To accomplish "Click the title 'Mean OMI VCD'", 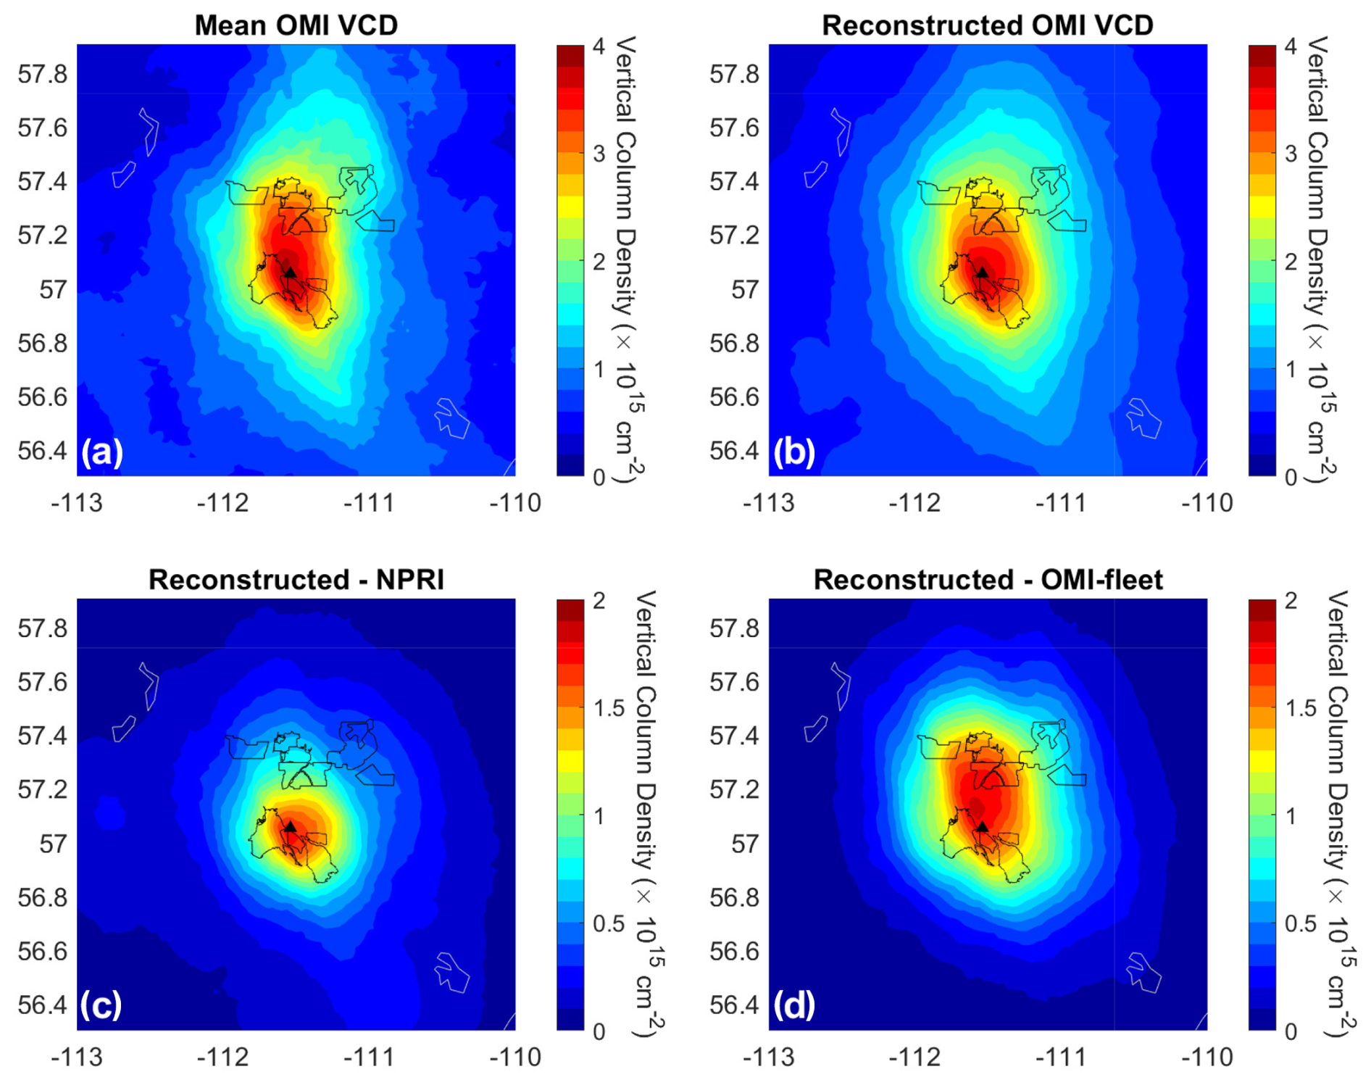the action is tap(296, 25).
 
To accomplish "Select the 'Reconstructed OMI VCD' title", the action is tap(988, 25).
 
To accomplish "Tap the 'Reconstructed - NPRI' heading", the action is tap(296, 580).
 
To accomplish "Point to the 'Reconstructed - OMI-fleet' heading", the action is tap(988, 580).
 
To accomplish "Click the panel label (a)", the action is tap(102, 452).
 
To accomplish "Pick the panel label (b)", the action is tap(794, 452).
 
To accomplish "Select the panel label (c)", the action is tap(101, 1006).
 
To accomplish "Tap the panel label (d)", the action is tap(794, 1006).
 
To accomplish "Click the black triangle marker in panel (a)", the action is tap(290, 273).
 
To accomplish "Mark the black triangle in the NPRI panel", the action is tap(290, 826).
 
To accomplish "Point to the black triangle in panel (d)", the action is tap(982, 826).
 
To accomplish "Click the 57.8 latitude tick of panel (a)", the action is tap(43, 74).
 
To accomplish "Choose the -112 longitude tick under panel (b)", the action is tap(914, 503).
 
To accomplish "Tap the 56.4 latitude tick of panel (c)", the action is tap(43, 1005).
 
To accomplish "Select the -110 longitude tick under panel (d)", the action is tap(1207, 1057).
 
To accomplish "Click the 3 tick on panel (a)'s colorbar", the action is tap(599, 154).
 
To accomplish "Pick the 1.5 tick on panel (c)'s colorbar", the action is tap(609, 708).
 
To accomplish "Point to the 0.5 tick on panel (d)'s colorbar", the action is tap(1301, 924).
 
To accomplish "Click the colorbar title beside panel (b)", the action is tap(1321, 259).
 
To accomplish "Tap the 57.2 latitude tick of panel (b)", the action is tap(735, 236).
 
